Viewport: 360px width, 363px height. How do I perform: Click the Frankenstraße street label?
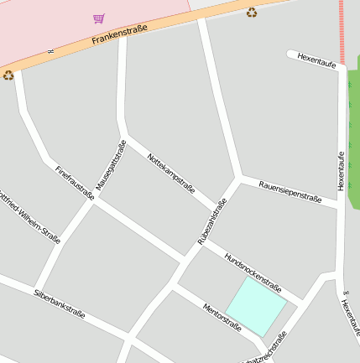coord(118,34)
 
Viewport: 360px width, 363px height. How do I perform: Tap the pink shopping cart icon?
coord(99,18)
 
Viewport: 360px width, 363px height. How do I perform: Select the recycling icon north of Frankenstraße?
coord(252,12)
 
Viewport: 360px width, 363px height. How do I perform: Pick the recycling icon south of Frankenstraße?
coord(8,75)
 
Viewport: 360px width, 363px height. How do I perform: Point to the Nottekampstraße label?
coord(171,173)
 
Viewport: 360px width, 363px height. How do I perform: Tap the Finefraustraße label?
coord(74,181)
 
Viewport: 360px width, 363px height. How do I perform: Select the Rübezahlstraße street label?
coord(212,221)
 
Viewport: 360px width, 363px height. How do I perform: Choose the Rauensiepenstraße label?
coord(290,191)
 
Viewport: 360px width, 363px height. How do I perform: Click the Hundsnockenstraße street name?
coord(252,267)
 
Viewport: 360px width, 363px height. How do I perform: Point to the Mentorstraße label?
coord(222,319)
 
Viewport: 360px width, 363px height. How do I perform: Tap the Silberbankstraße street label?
coord(59,304)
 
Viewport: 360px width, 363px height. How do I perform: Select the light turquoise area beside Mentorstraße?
coord(256,307)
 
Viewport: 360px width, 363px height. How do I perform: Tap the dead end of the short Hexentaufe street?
coord(290,54)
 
